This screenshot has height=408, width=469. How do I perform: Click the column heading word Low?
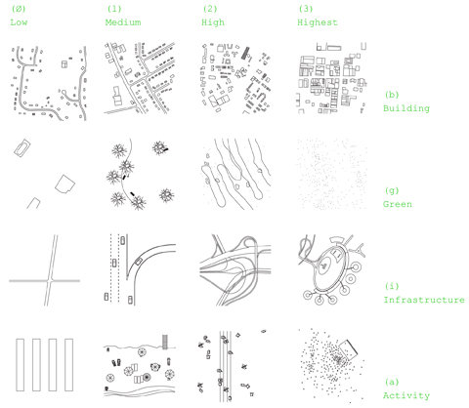pyautogui.click(x=19, y=22)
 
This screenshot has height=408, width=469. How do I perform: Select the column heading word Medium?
pyautogui.click(x=123, y=22)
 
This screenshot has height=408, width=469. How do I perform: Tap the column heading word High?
pyautogui.click(x=213, y=22)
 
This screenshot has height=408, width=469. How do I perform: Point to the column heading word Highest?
pyautogui.click(x=318, y=22)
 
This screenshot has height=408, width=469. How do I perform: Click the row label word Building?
pyautogui.click(x=406, y=108)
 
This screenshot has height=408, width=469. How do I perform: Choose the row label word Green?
pyautogui.click(x=398, y=204)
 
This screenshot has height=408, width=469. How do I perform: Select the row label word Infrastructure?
pyautogui.click(x=424, y=300)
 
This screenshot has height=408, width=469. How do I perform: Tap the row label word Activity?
pyautogui.click(x=406, y=395)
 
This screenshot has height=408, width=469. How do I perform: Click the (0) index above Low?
pyautogui.click(x=19, y=9)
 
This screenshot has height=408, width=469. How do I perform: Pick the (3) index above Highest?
pyautogui.click(x=306, y=9)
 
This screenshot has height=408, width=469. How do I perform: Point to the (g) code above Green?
pyautogui.click(x=392, y=190)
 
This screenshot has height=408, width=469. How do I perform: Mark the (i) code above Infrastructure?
pyautogui.click(x=392, y=286)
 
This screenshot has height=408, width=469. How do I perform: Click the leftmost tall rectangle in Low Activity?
pyautogui.click(x=20, y=365)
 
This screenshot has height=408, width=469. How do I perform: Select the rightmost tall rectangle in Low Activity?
pyautogui.click(x=68, y=365)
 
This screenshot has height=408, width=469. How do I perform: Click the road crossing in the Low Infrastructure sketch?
pyautogui.click(x=50, y=280)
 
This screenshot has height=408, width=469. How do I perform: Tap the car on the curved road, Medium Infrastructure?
pyautogui.click(x=139, y=261)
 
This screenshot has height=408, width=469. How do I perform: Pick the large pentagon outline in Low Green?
pyautogui.click(x=64, y=184)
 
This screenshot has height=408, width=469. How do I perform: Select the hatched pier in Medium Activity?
pyautogui.click(x=165, y=342)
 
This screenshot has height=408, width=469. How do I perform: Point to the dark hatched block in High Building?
pyautogui.click(x=244, y=53)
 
